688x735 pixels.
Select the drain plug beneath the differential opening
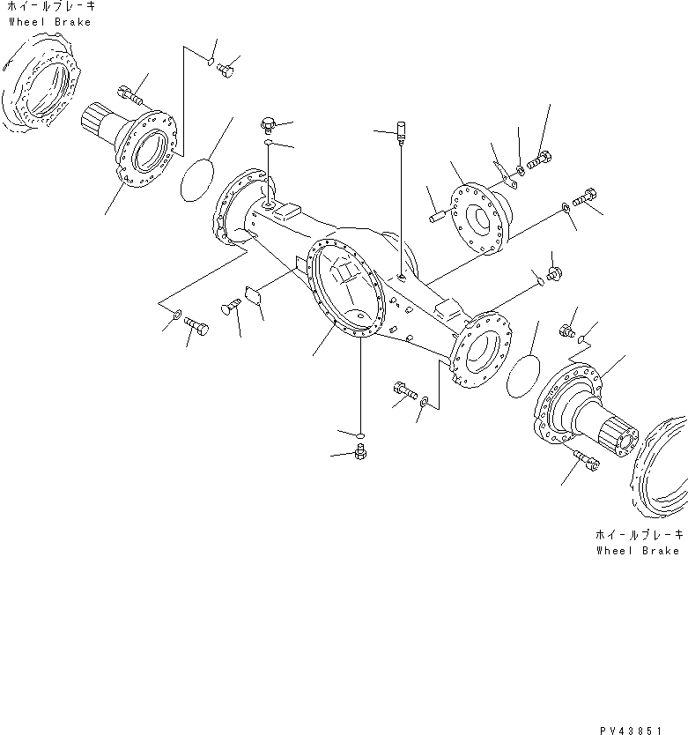[359, 453]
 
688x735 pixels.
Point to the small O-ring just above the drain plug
[359, 434]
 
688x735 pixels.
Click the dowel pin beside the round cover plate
[440, 214]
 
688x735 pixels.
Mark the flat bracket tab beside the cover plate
[504, 175]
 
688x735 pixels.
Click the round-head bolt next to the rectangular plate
[231, 305]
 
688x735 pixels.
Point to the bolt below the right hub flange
[586, 460]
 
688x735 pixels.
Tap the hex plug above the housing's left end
[270, 123]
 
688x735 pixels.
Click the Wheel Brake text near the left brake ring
[49, 22]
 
